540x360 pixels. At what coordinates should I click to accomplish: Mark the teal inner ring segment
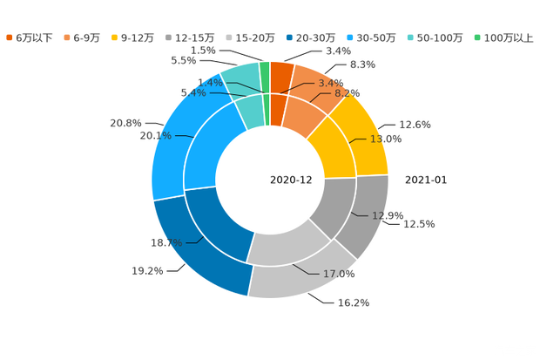click(251, 112)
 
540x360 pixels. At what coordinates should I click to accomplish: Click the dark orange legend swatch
click(10, 37)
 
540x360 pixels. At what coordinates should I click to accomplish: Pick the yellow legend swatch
click(116, 37)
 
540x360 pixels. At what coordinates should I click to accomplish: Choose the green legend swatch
click(476, 37)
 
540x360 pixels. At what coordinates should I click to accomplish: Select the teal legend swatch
click(409, 37)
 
